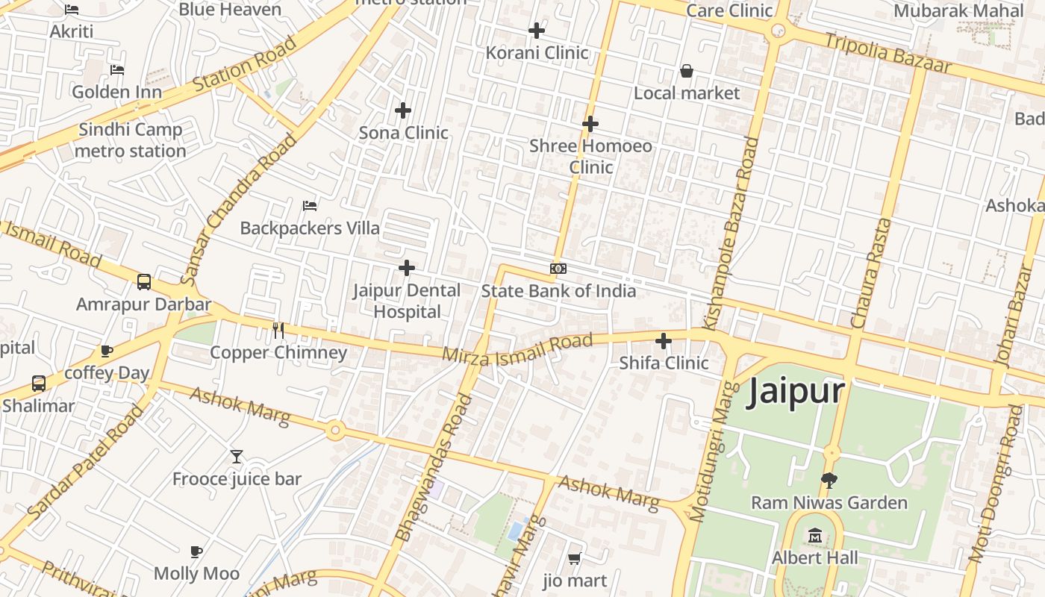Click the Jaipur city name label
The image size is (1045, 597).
[796, 390]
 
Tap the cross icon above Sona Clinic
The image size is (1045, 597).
[403, 110]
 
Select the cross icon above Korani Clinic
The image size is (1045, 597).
[536, 31]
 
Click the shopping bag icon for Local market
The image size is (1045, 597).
[686, 71]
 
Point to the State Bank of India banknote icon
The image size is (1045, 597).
[558, 269]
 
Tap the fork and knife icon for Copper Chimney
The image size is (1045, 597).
[278, 330]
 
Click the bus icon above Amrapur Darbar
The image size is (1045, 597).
[144, 282]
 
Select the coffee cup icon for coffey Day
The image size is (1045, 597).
[107, 351]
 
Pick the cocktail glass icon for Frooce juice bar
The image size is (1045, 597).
[237, 456]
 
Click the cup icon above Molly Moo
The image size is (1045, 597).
[196, 551]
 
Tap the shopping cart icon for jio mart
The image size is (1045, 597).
[574, 558]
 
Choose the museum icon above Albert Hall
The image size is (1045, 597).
[814, 535]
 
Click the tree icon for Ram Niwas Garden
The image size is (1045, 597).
[829, 480]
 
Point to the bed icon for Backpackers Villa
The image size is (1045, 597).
[310, 205]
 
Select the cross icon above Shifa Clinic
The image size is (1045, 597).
[663, 341]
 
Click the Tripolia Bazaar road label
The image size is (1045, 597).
[888, 52]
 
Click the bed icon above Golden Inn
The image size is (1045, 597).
[117, 70]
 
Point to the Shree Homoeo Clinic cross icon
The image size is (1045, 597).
[590, 123]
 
